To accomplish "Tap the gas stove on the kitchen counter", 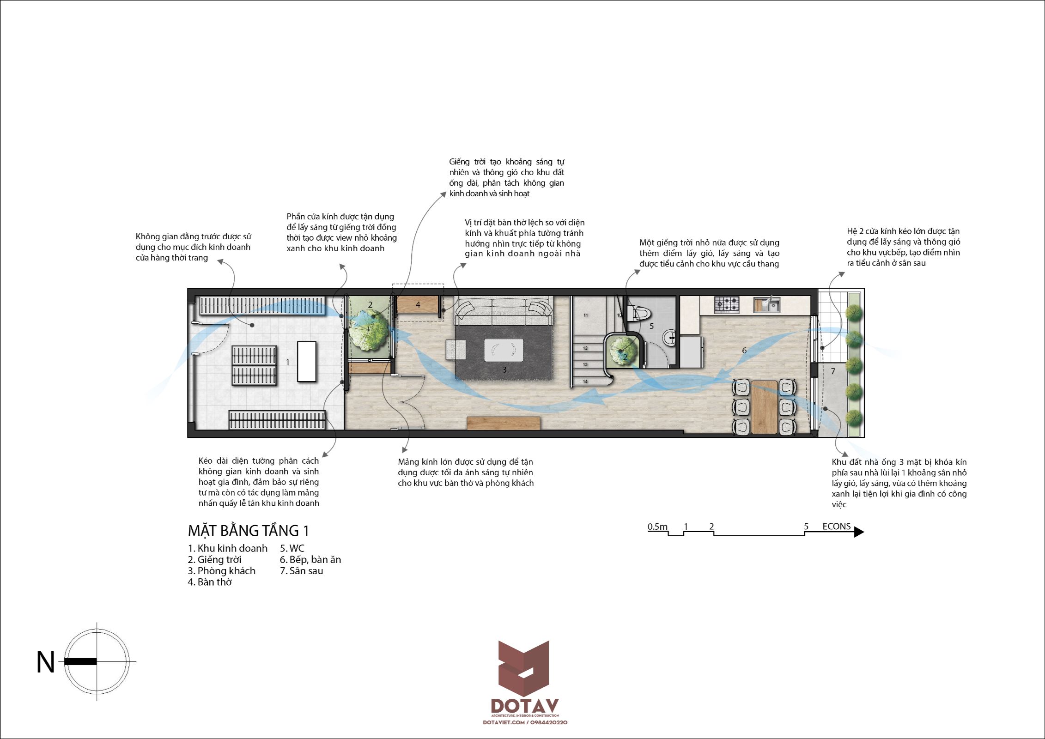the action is [727, 304].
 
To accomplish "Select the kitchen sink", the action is [767, 304].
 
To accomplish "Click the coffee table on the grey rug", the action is [504, 350].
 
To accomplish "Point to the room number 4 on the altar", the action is [418, 305].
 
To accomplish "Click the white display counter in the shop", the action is [307, 361].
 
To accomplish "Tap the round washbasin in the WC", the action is [669, 338].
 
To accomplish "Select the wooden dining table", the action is [764, 407].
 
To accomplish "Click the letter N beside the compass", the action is [46, 662].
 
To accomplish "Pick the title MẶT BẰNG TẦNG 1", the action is [249, 530].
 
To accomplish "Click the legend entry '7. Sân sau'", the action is [301, 571].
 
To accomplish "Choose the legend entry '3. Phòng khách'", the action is [221, 571].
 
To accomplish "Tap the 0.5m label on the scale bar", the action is [657, 527].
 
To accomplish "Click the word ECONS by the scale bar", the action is [836, 527].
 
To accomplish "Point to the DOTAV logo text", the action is [524, 706].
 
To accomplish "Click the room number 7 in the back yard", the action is [833, 371].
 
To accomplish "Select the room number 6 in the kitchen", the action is [744, 351].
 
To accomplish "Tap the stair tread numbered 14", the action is [585, 382].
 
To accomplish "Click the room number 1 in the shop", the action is [287, 362].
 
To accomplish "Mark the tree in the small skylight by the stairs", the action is [623, 351].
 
